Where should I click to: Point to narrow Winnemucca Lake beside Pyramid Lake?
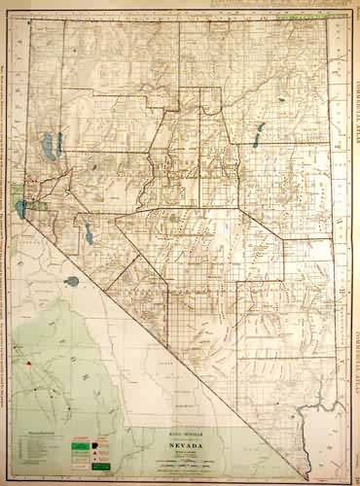pyautogui.click(x=58, y=144)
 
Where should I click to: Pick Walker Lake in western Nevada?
pyautogui.click(x=87, y=231)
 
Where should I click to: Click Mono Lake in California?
pyautogui.click(x=72, y=282)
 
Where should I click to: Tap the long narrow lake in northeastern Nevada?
pyautogui.click(x=260, y=134)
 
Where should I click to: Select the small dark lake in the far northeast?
pyautogui.click(x=280, y=97)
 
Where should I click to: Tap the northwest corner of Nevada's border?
pyautogui.click(x=28, y=21)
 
